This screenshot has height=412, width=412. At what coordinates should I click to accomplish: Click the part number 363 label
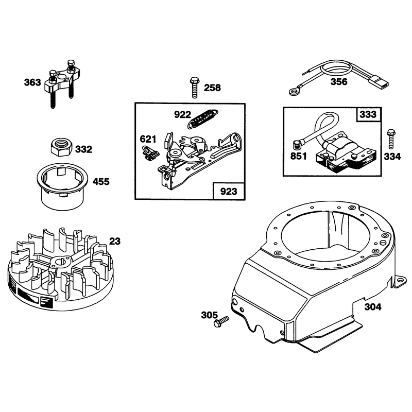click(32, 82)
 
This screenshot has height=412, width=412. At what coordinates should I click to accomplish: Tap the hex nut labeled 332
click(61, 147)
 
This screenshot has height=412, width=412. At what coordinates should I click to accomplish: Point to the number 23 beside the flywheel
click(114, 241)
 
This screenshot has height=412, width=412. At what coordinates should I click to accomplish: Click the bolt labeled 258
click(194, 88)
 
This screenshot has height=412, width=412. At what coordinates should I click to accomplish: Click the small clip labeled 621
click(151, 153)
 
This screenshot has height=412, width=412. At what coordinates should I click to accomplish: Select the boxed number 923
click(229, 191)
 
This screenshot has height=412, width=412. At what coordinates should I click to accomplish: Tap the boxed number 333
click(368, 114)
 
